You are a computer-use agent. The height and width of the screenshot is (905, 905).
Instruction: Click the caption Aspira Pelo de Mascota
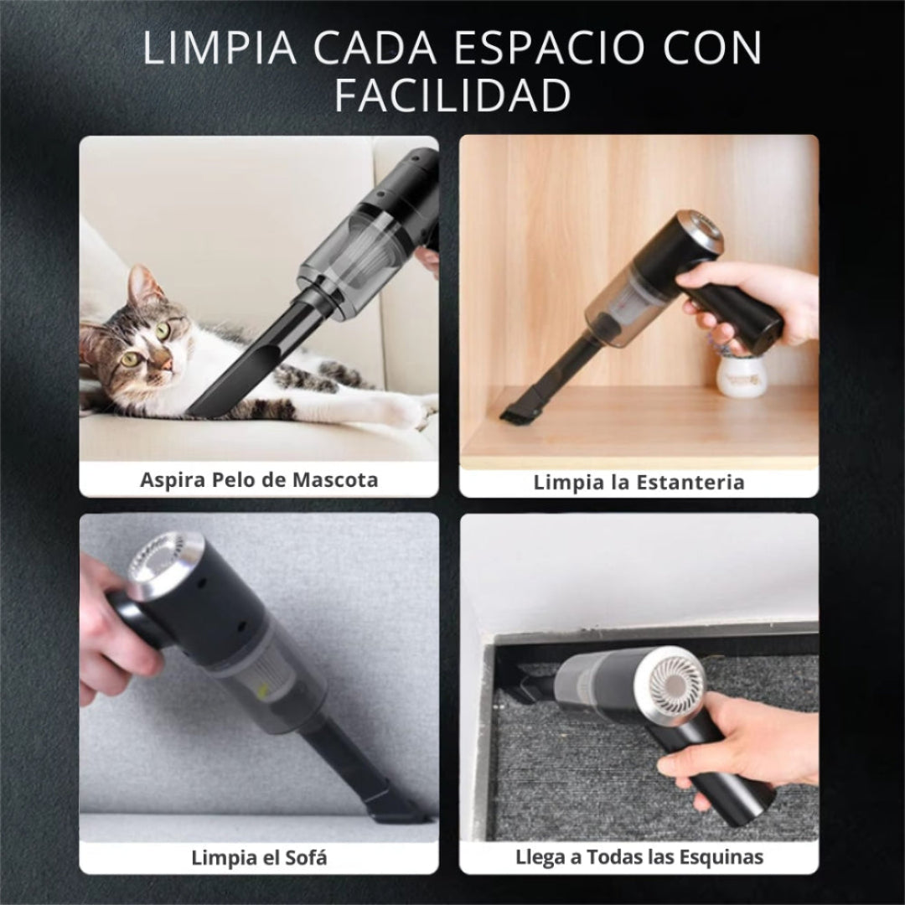[x=259, y=480]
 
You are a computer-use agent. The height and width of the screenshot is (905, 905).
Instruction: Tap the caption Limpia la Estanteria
[x=639, y=482]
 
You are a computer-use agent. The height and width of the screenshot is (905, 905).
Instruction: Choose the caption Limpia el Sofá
[x=259, y=857]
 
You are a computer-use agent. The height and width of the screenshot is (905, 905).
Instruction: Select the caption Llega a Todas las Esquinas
[x=639, y=857]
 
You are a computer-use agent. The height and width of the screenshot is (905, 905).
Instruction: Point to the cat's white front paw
[x=402, y=410]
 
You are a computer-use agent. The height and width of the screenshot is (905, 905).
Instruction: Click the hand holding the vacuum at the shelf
[x=754, y=297]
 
